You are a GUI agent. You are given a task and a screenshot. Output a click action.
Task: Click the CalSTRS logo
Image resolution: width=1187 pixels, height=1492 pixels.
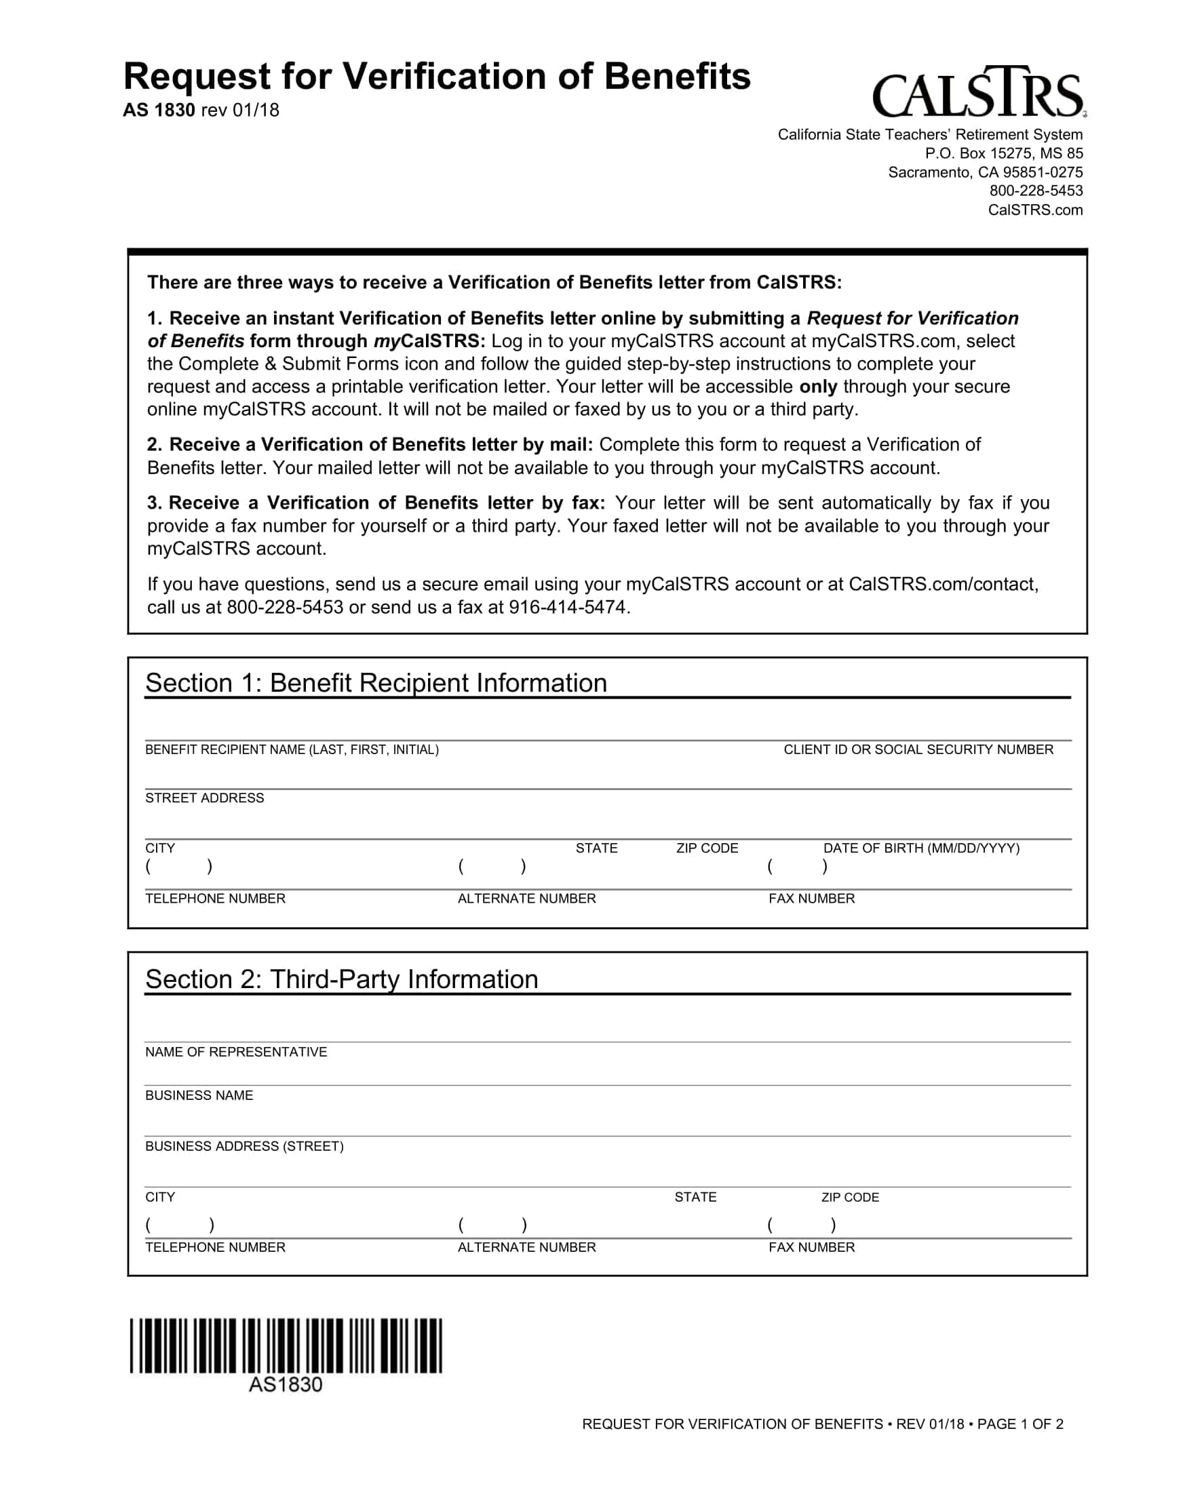tap(978, 93)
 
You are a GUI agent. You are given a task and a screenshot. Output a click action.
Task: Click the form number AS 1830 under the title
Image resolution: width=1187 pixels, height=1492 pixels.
tap(159, 110)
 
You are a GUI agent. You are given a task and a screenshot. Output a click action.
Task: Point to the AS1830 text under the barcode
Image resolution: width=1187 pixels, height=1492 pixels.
tap(285, 1385)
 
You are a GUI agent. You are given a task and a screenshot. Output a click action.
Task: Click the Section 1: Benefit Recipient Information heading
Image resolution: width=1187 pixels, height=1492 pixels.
tap(375, 683)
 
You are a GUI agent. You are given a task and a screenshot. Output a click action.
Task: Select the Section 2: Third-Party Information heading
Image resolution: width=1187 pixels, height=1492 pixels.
tap(341, 979)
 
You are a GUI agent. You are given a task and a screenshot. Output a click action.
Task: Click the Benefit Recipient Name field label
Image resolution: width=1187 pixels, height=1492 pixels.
tap(292, 749)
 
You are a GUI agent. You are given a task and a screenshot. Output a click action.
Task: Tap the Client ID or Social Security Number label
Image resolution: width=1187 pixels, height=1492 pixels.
tap(918, 749)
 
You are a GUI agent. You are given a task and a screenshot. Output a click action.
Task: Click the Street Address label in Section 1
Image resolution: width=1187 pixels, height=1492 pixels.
tap(204, 798)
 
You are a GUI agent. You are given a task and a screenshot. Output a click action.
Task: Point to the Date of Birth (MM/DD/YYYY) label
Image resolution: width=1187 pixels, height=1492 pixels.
tap(920, 848)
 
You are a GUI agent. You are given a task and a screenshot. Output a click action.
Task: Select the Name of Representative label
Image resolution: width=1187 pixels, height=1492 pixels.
tap(235, 1052)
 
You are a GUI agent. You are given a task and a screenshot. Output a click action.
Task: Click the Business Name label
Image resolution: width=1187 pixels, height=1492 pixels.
tap(199, 1095)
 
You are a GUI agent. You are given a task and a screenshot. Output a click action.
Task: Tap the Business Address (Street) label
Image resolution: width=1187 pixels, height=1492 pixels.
tap(244, 1146)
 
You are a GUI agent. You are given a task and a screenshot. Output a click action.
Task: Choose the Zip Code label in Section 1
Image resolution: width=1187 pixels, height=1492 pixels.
tap(707, 848)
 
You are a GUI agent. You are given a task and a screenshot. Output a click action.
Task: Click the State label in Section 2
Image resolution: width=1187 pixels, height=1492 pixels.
tap(695, 1197)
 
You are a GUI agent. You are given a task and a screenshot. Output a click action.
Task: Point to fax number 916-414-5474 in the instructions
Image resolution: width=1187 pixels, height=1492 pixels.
tap(568, 608)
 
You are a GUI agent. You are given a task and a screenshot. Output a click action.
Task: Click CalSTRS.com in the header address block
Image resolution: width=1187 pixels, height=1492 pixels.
tap(1035, 210)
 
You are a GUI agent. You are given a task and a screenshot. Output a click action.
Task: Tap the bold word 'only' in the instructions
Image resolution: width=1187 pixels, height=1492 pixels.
tap(818, 386)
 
